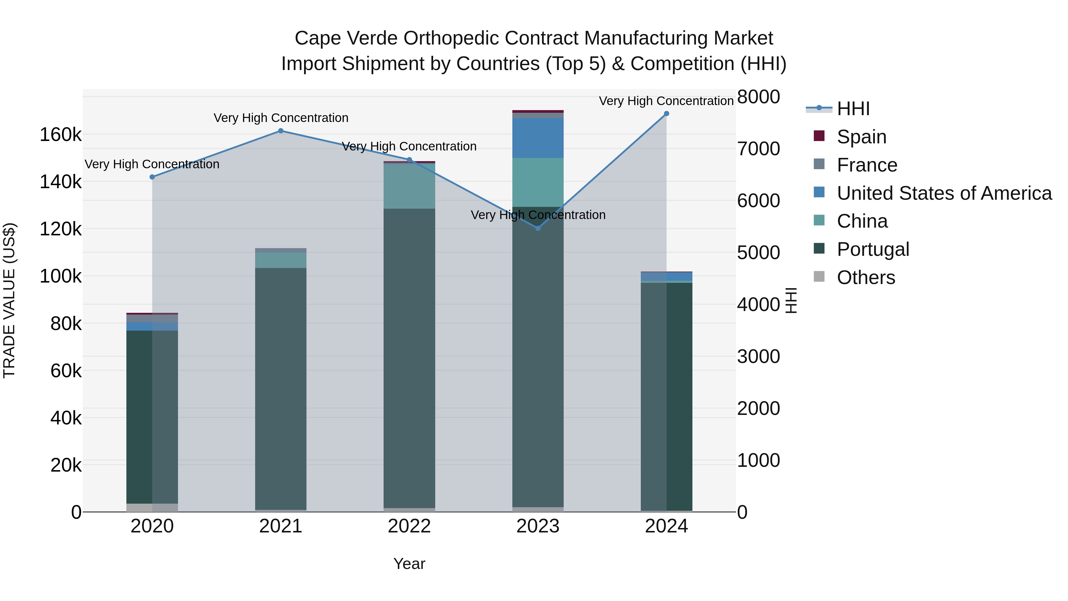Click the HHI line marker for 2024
point(666,114)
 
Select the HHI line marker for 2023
point(538,228)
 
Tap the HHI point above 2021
point(281,131)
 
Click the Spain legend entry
point(861,137)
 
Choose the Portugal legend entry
point(873,249)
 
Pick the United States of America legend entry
point(944,193)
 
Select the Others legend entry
point(866,277)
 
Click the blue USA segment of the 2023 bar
point(538,138)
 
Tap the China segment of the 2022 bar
point(409,186)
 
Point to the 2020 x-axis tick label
point(152,526)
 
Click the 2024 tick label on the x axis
point(666,526)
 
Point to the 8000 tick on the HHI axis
point(758,97)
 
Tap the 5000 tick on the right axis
point(758,253)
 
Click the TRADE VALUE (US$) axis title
point(9,300)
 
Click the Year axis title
point(409,564)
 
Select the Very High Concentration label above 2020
point(152,164)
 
